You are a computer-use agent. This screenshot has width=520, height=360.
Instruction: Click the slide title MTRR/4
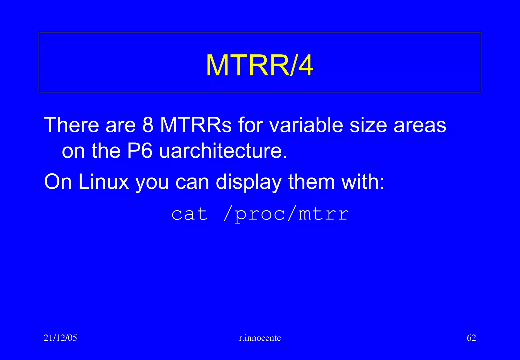[259, 66]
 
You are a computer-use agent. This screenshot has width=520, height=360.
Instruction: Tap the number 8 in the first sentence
[148, 125]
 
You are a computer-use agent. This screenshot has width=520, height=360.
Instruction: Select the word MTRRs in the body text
[196, 125]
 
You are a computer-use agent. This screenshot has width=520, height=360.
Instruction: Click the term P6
[140, 151]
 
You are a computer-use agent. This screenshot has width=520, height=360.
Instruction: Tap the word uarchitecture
[223, 151]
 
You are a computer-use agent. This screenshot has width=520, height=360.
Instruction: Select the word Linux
[104, 182]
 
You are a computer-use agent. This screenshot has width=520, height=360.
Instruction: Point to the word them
[311, 182]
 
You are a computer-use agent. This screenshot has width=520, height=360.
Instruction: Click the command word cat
[190, 214]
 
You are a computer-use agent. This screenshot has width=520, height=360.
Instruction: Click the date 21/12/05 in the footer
[60, 338]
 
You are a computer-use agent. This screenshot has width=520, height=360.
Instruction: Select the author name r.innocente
[260, 338]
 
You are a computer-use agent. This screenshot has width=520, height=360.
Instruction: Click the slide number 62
[471, 338]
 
